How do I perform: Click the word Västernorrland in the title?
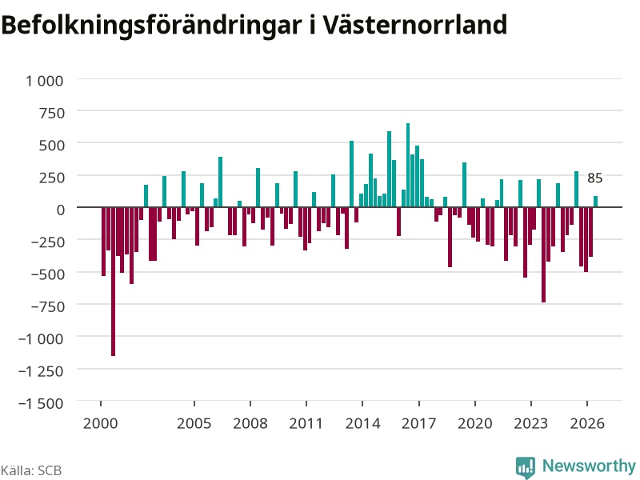coord(415,25)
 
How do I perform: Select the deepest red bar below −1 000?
coord(113,282)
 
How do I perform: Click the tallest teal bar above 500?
coord(408,165)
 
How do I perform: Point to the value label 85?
coord(594,178)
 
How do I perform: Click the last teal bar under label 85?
coord(595,202)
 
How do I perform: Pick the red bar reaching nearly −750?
coord(544,254)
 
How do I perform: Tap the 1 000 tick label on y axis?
coord(45,81)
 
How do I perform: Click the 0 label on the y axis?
coord(61,210)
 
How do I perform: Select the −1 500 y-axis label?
coord(41,403)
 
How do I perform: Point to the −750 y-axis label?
coord(48,306)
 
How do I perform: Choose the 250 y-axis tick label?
coord(52,178)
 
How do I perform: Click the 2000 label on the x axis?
coord(101,423)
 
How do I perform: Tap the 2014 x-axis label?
coord(362,423)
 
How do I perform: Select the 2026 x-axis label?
coord(587,423)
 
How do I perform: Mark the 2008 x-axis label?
coord(250,423)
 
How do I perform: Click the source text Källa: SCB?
coord(31,470)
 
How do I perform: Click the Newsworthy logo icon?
coord(526,467)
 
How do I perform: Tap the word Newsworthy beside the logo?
coord(589,466)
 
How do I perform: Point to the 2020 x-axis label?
coord(474,423)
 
